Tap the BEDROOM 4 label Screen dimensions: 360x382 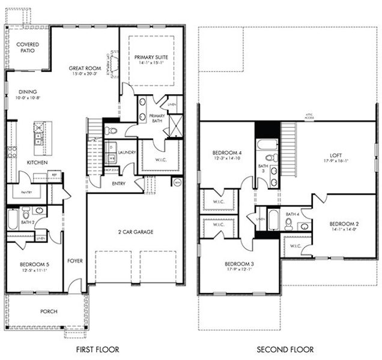tap(227, 154)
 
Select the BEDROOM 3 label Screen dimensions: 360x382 tap(239, 264)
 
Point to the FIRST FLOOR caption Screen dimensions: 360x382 tap(97, 349)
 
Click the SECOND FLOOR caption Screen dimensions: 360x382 tap(285, 349)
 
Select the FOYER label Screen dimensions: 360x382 tap(74, 260)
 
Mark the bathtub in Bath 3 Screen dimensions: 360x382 tap(265, 144)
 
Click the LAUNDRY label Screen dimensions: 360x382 tap(127, 152)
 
